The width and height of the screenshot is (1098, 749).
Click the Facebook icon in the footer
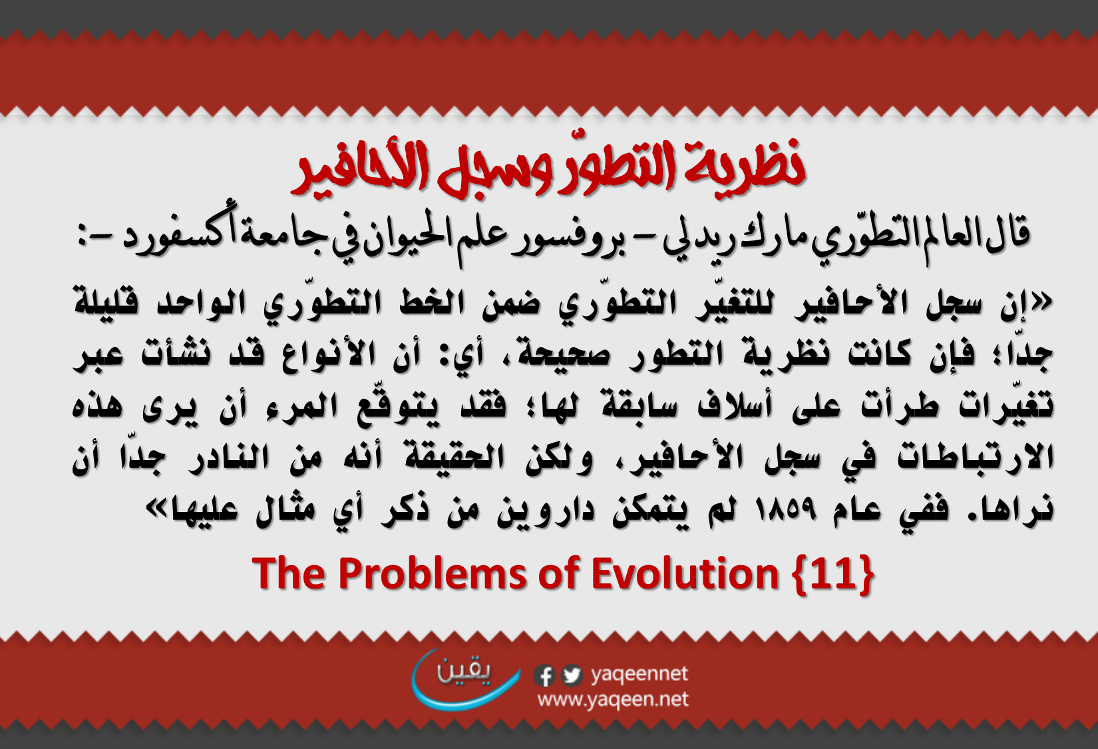coord(544,675)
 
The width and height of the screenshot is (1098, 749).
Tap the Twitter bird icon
coord(571,675)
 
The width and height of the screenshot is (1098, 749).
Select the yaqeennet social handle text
coord(640,675)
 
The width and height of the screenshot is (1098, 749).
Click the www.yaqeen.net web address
coord(613,700)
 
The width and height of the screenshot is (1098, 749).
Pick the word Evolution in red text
coord(685,573)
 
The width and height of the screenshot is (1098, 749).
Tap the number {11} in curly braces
coord(833,575)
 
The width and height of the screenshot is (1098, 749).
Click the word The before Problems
coord(289,573)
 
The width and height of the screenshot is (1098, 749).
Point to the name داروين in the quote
coord(545,511)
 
